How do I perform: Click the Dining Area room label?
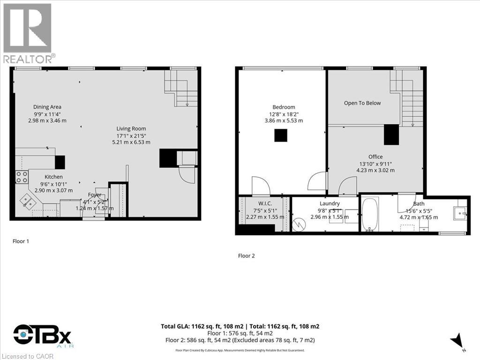point(47,107)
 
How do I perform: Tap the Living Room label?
point(131,128)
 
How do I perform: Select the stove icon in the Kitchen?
point(22,177)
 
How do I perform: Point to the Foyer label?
point(95,195)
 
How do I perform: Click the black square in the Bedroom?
point(281,135)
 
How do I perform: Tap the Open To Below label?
point(362,103)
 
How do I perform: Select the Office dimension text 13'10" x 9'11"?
point(375,164)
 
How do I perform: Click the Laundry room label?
point(330,203)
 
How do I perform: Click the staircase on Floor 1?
point(182,89)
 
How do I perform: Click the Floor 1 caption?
point(21,241)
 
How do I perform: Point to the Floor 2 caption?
point(247,256)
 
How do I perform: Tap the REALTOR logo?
point(28,33)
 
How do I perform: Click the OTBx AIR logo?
point(42,337)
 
